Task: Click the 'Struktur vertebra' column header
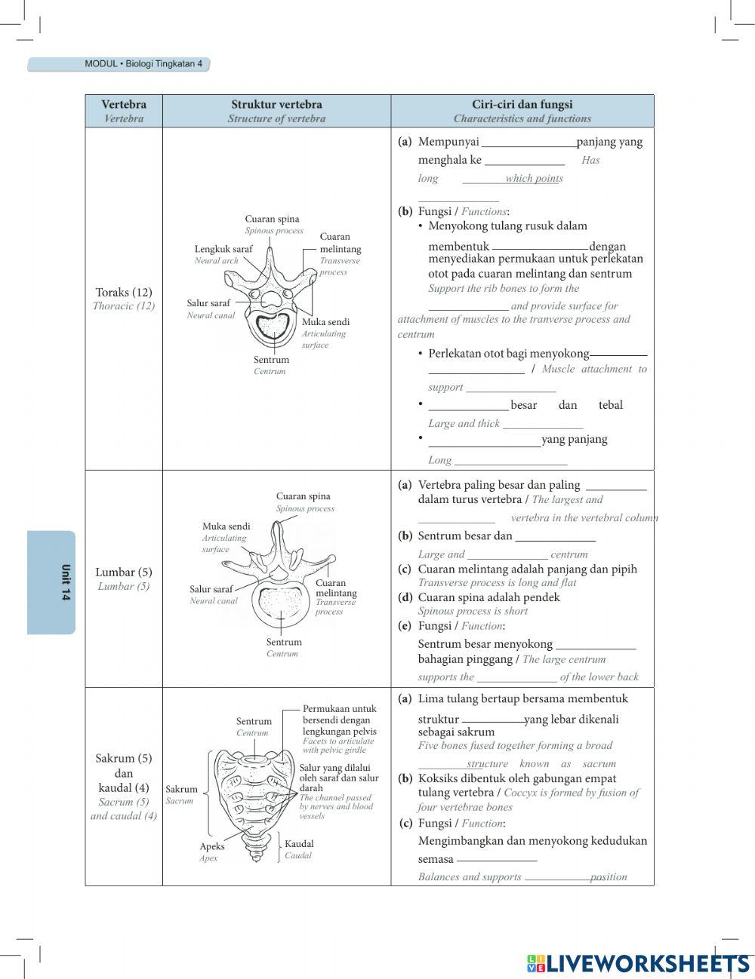tap(276, 105)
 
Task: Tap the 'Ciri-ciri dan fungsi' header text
tap(522, 105)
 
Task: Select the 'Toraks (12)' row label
tap(124, 293)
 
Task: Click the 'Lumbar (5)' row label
tap(124, 572)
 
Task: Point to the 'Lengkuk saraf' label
tap(223, 249)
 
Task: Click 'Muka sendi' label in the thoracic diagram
tap(325, 322)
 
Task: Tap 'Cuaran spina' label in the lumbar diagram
tap(303, 496)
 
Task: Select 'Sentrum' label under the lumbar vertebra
tap(284, 643)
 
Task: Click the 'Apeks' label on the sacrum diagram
tap(212, 846)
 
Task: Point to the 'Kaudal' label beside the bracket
tap(299, 844)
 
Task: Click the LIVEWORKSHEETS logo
tap(638, 963)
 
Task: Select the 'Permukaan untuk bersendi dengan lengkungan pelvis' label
tap(339, 720)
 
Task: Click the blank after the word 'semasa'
tap(497, 858)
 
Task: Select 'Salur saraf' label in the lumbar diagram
tap(211, 589)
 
